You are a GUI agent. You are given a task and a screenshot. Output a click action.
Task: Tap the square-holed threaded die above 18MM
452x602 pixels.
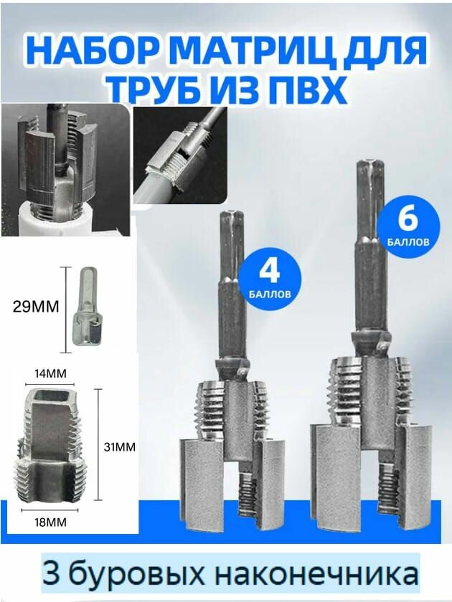pyautogui.click(x=50, y=444)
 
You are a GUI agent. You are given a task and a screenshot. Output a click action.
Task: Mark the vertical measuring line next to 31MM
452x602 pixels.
pyautogui.click(x=98, y=444)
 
